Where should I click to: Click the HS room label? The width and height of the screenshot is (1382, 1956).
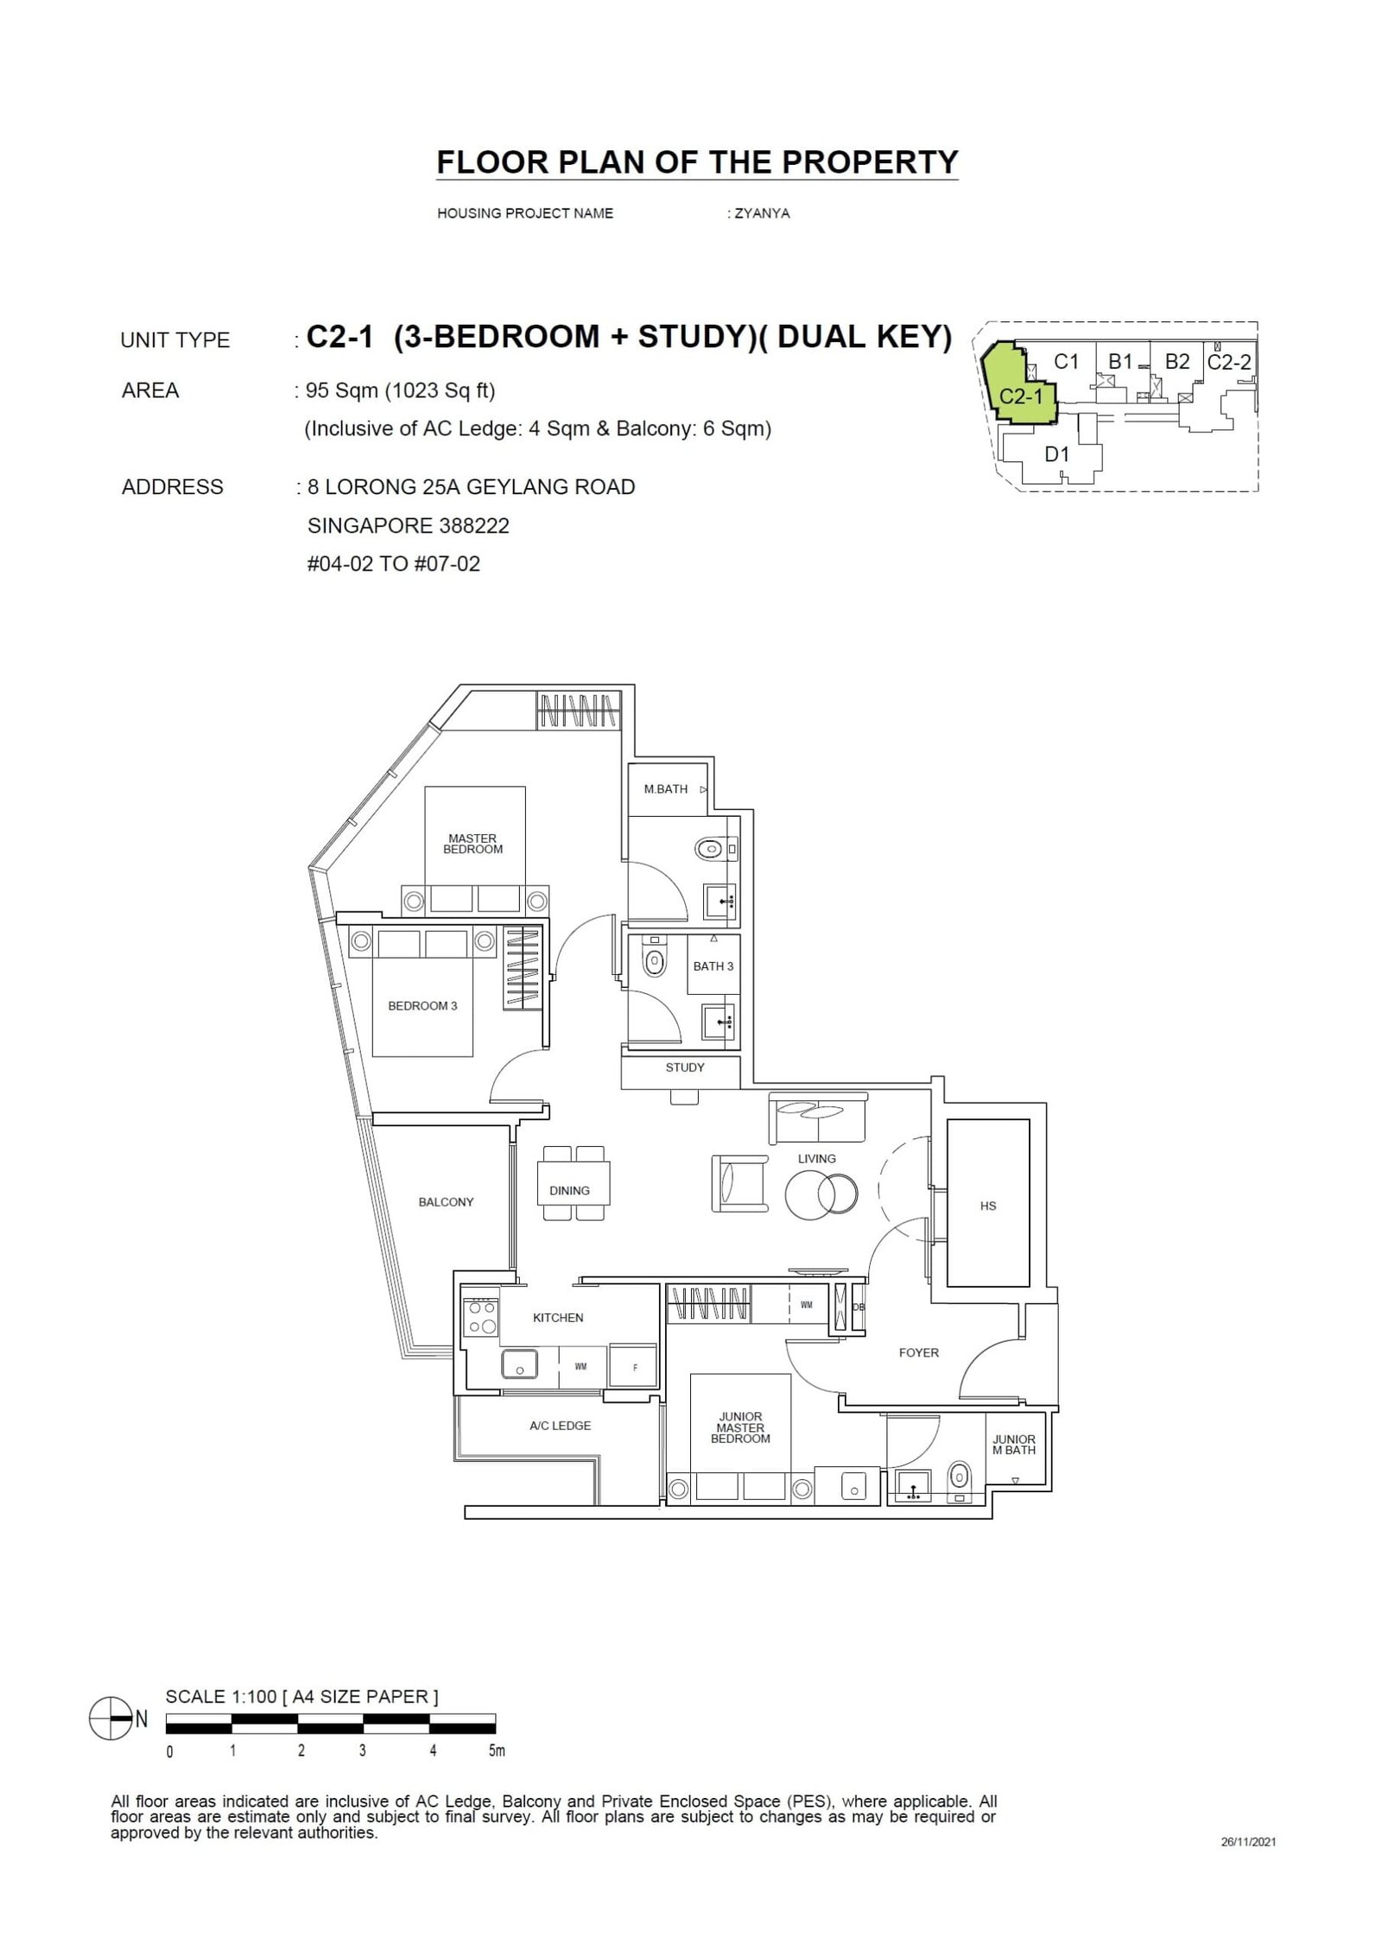[x=988, y=1206]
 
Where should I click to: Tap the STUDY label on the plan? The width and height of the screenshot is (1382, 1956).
[x=685, y=1067]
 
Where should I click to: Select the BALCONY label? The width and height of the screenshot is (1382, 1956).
[x=446, y=1202]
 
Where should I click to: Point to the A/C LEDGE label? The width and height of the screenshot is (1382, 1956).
[x=560, y=1426]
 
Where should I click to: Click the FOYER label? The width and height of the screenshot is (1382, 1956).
[x=918, y=1352]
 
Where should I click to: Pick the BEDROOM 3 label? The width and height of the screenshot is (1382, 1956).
[x=422, y=1006]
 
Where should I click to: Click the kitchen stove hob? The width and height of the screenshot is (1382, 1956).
[x=479, y=1322]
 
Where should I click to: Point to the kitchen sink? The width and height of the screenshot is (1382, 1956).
[x=519, y=1365]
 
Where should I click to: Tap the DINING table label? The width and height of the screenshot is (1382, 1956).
[x=569, y=1191]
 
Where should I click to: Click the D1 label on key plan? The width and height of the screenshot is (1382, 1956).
[x=1057, y=454]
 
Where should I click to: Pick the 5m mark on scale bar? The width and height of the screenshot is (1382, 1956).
[x=496, y=1751]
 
